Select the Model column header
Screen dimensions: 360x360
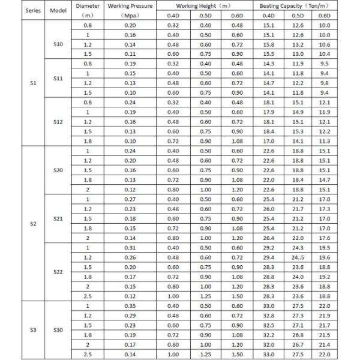pos(58,11)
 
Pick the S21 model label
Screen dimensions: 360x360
pos(58,218)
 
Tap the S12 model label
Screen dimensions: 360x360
pos(58,121)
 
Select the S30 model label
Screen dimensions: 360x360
pos(58,329)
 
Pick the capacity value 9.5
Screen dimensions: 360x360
pos(324,63)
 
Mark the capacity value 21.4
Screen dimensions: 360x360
pos(324,344)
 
